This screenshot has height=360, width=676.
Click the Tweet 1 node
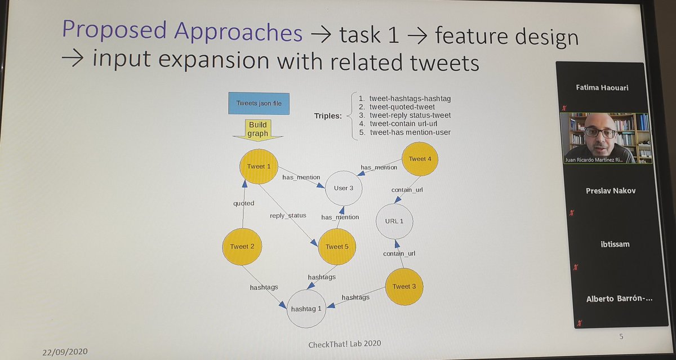click(x=259, y=166)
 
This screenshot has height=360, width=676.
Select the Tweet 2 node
click(x=243, y=246)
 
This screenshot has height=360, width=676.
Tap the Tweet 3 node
click(x=404, y=286)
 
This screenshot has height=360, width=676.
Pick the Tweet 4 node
click(x=420, y=159)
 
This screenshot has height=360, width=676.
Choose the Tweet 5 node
click(x=338, y=246)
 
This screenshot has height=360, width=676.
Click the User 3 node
click(x=344, y=188)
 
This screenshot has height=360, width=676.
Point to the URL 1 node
click(x=394, y=220)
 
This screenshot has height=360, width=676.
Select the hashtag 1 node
click(x=306, y=308)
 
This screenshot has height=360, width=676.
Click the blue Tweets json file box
click(x=259, y=104)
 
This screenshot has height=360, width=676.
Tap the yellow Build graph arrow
click(x=259, y=130)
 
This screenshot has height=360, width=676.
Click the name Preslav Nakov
click(x=610, y=190)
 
